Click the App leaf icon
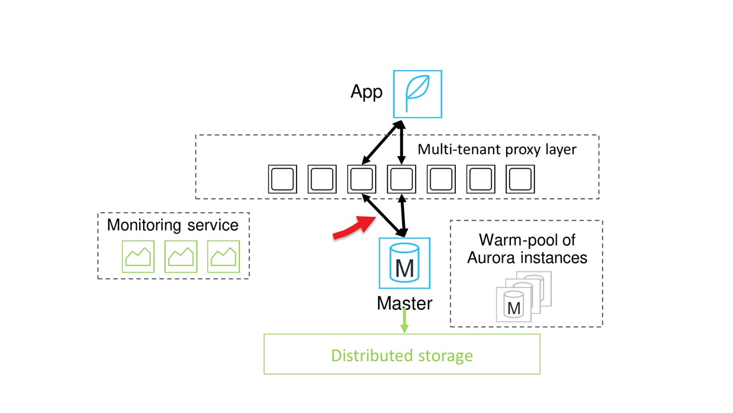click(x=417, y=93)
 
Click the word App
click(x=366, y=92)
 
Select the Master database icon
click(x=404, y=263)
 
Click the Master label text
click(x=404, y=303)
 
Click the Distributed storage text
click(x=402, y=355)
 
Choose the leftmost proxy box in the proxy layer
click(x=282, y=179)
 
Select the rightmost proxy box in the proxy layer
click(x=520, y=179)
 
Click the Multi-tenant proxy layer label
click(x=496, y=150)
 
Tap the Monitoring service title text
click(x=172, y=224)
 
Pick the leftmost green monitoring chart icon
click(x=138, y=256)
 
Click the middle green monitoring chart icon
click(x=181, y=256)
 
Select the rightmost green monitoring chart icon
click(x=223, y=256)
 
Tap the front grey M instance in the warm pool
click(x=514, y=305)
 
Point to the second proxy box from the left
click(x=322, y=179)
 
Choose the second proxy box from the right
click(x=480, y=179)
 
